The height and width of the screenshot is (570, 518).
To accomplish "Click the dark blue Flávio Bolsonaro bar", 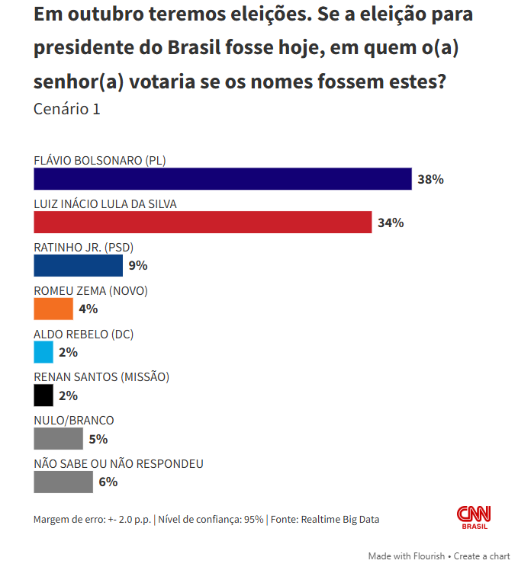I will pos(223,179).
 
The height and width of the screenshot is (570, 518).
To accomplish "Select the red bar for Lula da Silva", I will pos(203,223).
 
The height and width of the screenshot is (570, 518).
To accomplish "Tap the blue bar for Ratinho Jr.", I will pos(79,265).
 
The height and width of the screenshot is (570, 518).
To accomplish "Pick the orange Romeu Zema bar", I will pos(53,309).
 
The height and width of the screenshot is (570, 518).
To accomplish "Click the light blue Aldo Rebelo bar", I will pos(43,352).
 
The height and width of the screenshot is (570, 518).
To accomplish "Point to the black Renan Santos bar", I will pos(43,395).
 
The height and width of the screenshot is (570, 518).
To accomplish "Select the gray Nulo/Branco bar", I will pos(58,439).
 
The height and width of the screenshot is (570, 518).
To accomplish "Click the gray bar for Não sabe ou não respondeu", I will pos(63,482).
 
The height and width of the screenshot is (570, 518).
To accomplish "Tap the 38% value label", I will pos(430,180).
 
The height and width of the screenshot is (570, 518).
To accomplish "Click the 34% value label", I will pos(390,223).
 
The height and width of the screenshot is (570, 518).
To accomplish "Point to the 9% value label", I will pos(137,266).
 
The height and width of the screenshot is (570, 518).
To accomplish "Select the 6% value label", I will pos(108,482).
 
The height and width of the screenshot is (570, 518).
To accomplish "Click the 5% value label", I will pos(98,440).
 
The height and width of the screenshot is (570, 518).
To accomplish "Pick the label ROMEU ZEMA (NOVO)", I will pos(91,291).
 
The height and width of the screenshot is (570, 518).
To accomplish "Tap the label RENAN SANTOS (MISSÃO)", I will pos(101,377).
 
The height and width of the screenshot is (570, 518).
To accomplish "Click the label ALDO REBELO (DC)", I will pos(84,335).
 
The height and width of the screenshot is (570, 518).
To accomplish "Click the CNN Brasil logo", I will pos(474,517).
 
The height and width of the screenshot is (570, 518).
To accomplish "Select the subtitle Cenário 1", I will pos(67,109).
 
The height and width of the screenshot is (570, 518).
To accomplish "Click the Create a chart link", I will pos(482,556).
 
